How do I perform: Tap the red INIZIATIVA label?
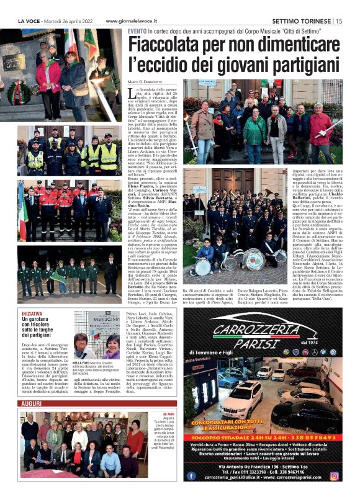pos(32,314)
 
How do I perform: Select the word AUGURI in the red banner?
pos(32,403)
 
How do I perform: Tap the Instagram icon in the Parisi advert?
pos(334,476)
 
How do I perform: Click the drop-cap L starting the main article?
pos(131,92)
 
